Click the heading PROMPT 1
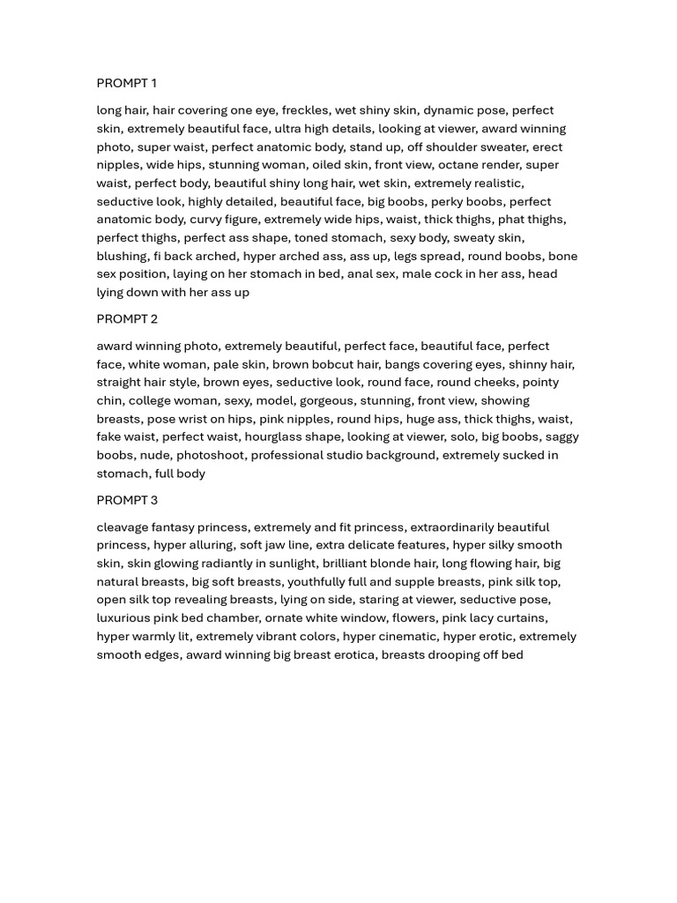coord(126,83)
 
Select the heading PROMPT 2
coord(127,318)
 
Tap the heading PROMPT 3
coord(127,500)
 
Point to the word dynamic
coord(448,110)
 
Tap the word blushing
coord(122,256)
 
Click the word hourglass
coord(273,437)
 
